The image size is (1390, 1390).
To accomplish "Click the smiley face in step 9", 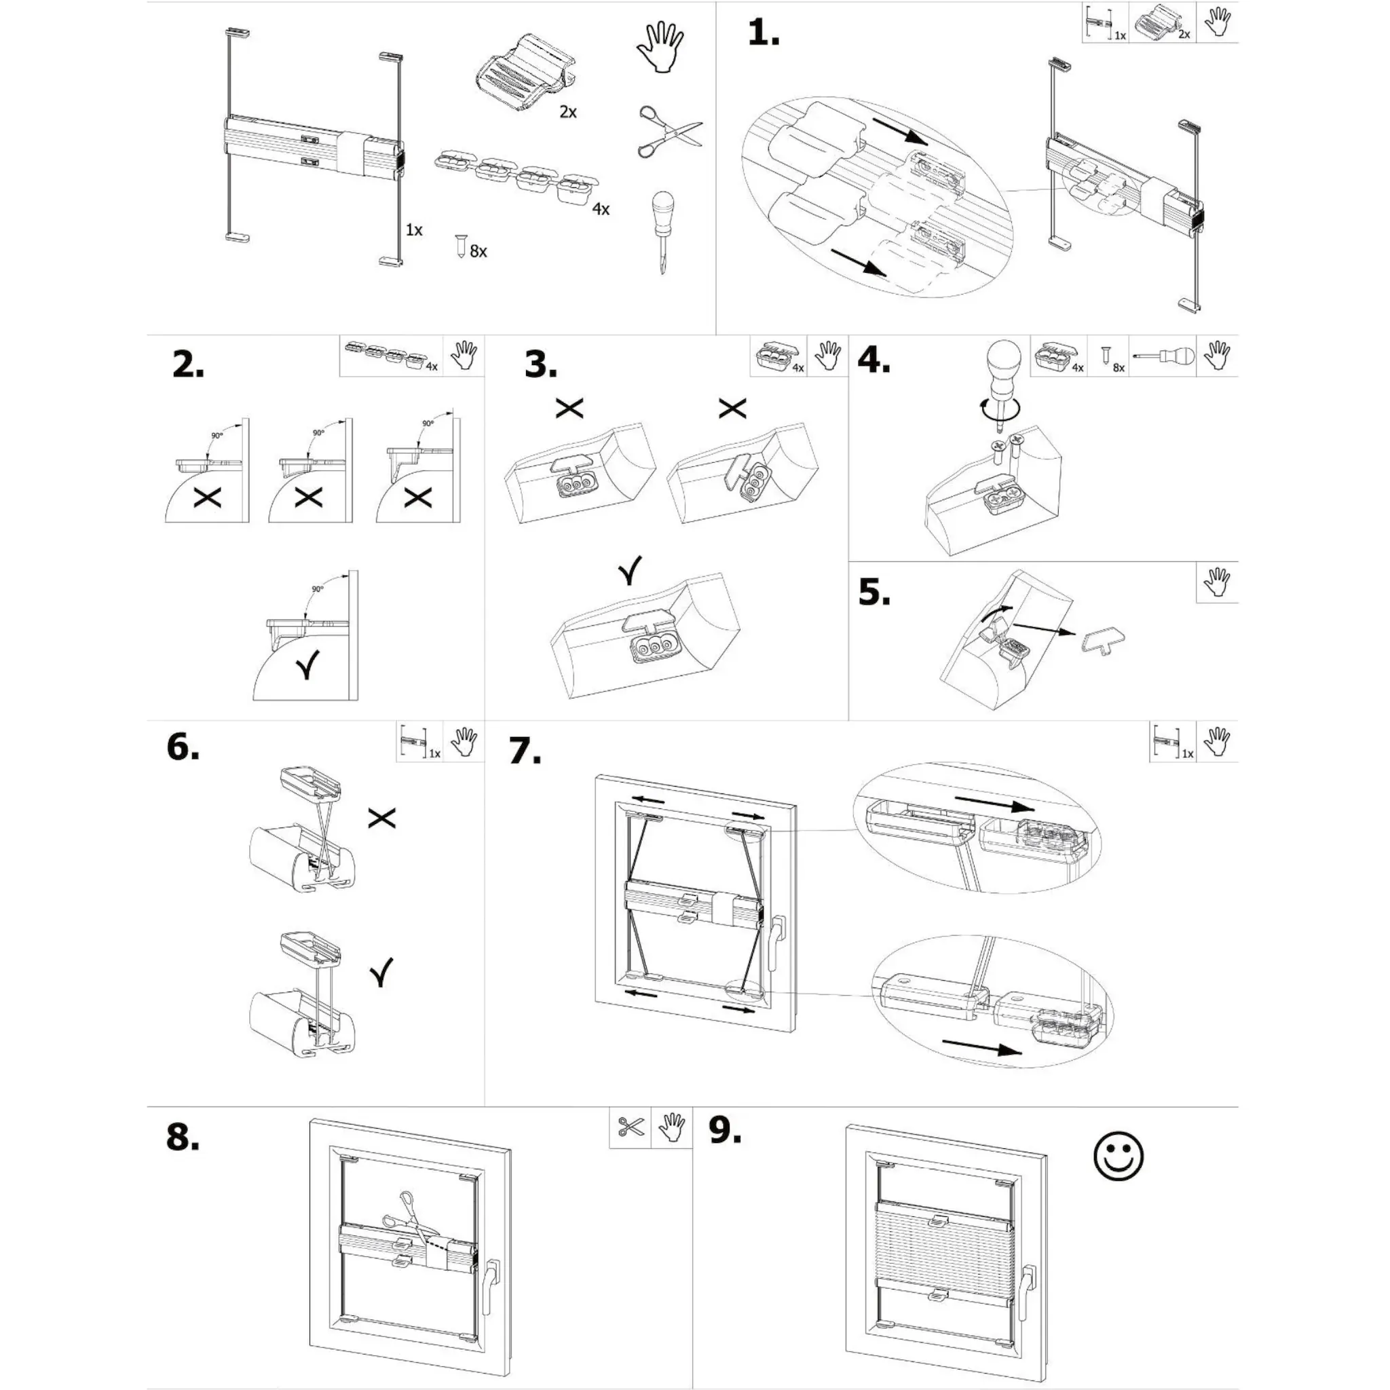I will (x=1117, y=1156).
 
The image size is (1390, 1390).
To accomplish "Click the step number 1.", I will (x=763, y=33).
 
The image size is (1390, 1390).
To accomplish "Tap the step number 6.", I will (x=182, y=747).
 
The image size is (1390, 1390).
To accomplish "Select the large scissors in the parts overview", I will (x=668, y=131).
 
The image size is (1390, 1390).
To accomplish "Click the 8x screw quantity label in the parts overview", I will (x=478, y=252).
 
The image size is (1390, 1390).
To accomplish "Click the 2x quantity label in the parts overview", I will (x=567, y=112).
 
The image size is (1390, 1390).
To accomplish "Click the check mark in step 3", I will (x=630, y=571).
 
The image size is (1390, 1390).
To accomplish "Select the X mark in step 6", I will (x=381, y=817).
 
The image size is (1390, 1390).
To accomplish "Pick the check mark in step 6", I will (x=382, y=972).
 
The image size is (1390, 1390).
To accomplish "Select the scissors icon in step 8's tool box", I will (x=631, y=1127).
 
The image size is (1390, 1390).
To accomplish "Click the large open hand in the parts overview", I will (x=660, y=47).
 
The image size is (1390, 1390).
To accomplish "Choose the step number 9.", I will (x=724, y=1129).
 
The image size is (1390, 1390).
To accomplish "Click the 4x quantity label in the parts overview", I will (x=601, y=209).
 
